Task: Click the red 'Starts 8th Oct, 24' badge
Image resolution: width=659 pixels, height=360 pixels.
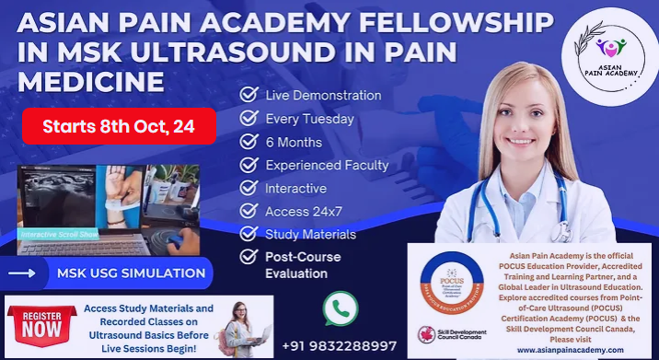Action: coord(120,126)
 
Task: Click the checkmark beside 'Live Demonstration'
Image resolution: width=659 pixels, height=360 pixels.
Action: coord(248,95)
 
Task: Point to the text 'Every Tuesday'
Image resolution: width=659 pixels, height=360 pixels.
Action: coord(308,119)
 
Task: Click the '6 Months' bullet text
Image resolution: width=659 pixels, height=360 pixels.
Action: coord(294,142)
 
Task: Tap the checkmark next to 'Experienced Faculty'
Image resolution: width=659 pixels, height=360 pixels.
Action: coord(248,165)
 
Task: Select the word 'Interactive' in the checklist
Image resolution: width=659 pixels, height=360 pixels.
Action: coord(295,188)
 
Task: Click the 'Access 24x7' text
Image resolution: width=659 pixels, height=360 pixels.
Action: coord(303,211)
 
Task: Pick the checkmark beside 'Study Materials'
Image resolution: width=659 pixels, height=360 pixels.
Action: coord(248,234)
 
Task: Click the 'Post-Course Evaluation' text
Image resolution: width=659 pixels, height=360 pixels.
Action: coord(303,264)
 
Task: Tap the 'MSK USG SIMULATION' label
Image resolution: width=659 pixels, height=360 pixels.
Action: coord(131,273)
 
